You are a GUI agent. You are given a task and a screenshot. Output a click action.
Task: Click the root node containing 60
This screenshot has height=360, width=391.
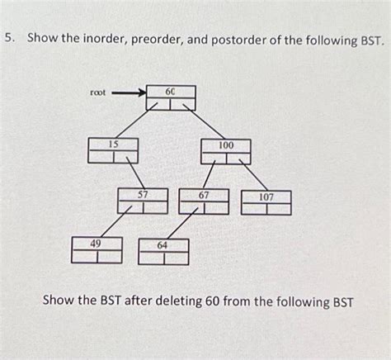[171, 97]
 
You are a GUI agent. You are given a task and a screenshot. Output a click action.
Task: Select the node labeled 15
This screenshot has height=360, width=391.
[113, 150]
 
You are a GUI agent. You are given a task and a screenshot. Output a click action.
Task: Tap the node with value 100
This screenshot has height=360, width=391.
[225, 150]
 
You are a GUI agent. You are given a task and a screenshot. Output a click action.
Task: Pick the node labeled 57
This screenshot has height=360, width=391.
[143, 201]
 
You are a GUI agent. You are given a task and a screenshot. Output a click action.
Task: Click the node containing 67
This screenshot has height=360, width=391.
[204, 201]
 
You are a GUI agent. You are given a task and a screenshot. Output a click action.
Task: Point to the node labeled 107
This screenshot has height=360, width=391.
[266, 202]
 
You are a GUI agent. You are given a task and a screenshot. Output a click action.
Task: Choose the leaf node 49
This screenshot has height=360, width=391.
[97, 249]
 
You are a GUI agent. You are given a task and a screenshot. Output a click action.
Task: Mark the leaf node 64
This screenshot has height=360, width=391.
[163, 251]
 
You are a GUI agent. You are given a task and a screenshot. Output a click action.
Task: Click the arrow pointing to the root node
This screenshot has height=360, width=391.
[127, 93]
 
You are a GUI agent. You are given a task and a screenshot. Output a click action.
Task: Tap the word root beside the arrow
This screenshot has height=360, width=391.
[98, 93]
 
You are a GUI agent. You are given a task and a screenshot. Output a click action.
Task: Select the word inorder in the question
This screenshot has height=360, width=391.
[105, 38]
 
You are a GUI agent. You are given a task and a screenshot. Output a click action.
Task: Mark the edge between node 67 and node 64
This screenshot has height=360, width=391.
[184, 225]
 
